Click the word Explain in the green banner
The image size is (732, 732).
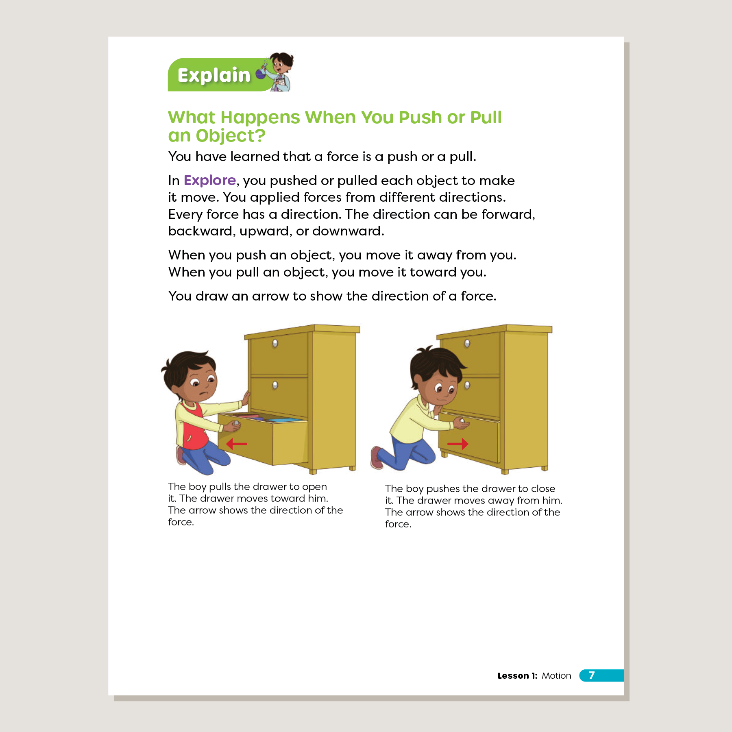coord(214,76)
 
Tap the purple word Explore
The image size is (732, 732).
coord(210,180)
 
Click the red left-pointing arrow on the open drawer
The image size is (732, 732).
coord(237,444)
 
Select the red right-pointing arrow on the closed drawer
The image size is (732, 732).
coord(458,444)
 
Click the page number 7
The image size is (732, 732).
coord(592,675)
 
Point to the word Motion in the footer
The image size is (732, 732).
coord(556,675)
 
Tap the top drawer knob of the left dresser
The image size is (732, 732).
coord(275,343)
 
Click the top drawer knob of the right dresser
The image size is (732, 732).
coord(467,343)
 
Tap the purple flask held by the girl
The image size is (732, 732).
coord(260,74)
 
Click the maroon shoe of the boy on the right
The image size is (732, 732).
coord(377,457)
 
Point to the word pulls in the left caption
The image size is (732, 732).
coord(220,487)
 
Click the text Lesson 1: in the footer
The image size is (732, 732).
coord(517,675)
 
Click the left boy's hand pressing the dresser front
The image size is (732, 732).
coord(246,397)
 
